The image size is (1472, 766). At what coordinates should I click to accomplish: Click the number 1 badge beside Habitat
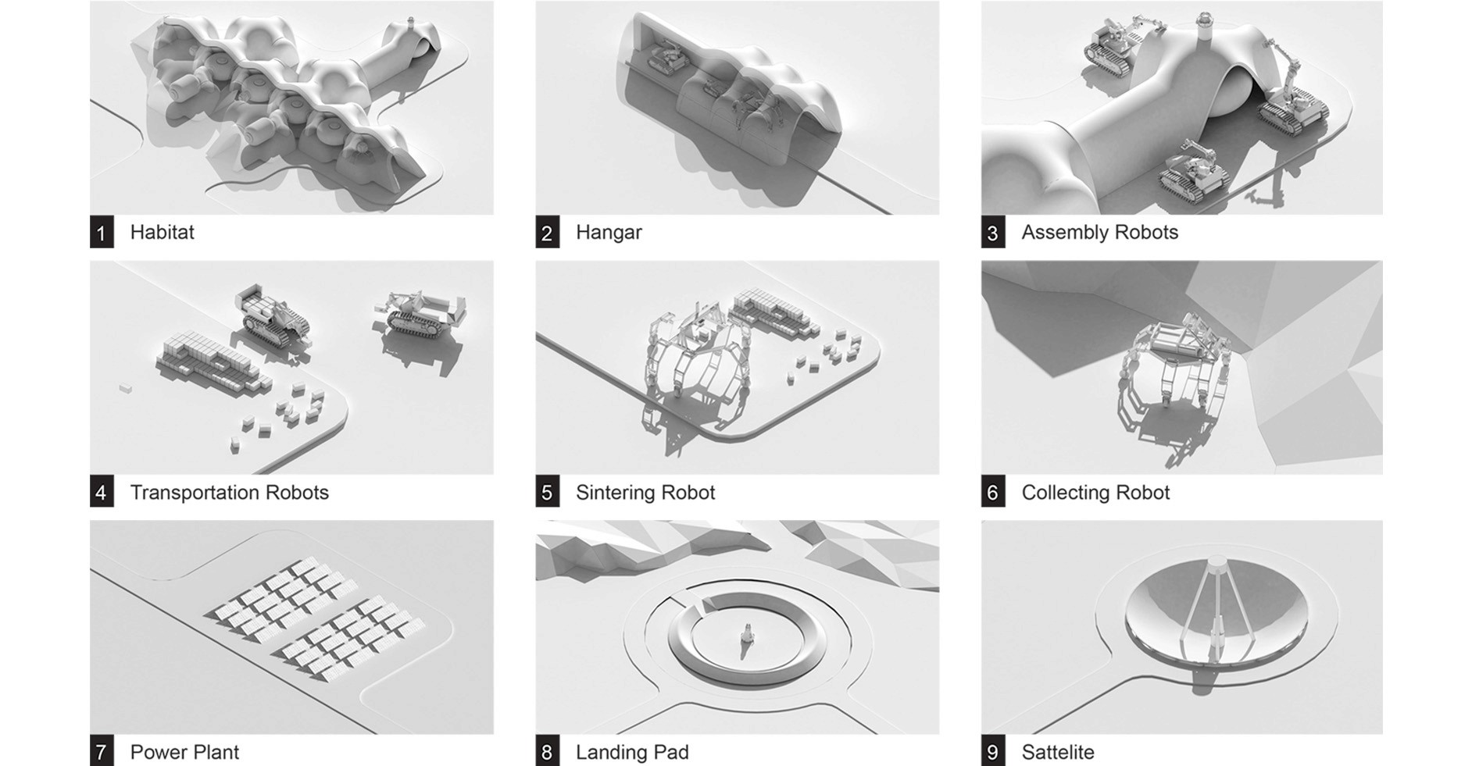[x=102, y=233]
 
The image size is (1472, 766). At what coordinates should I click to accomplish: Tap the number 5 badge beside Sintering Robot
[x=547, y=493]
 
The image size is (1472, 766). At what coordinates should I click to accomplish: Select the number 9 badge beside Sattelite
[x=993, y=753]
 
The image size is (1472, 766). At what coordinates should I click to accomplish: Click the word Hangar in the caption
[x=609, y=233]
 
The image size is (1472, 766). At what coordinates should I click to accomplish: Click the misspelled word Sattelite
[x=1058, y=753]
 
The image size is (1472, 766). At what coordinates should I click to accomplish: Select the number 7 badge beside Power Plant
[x=102, y=753]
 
